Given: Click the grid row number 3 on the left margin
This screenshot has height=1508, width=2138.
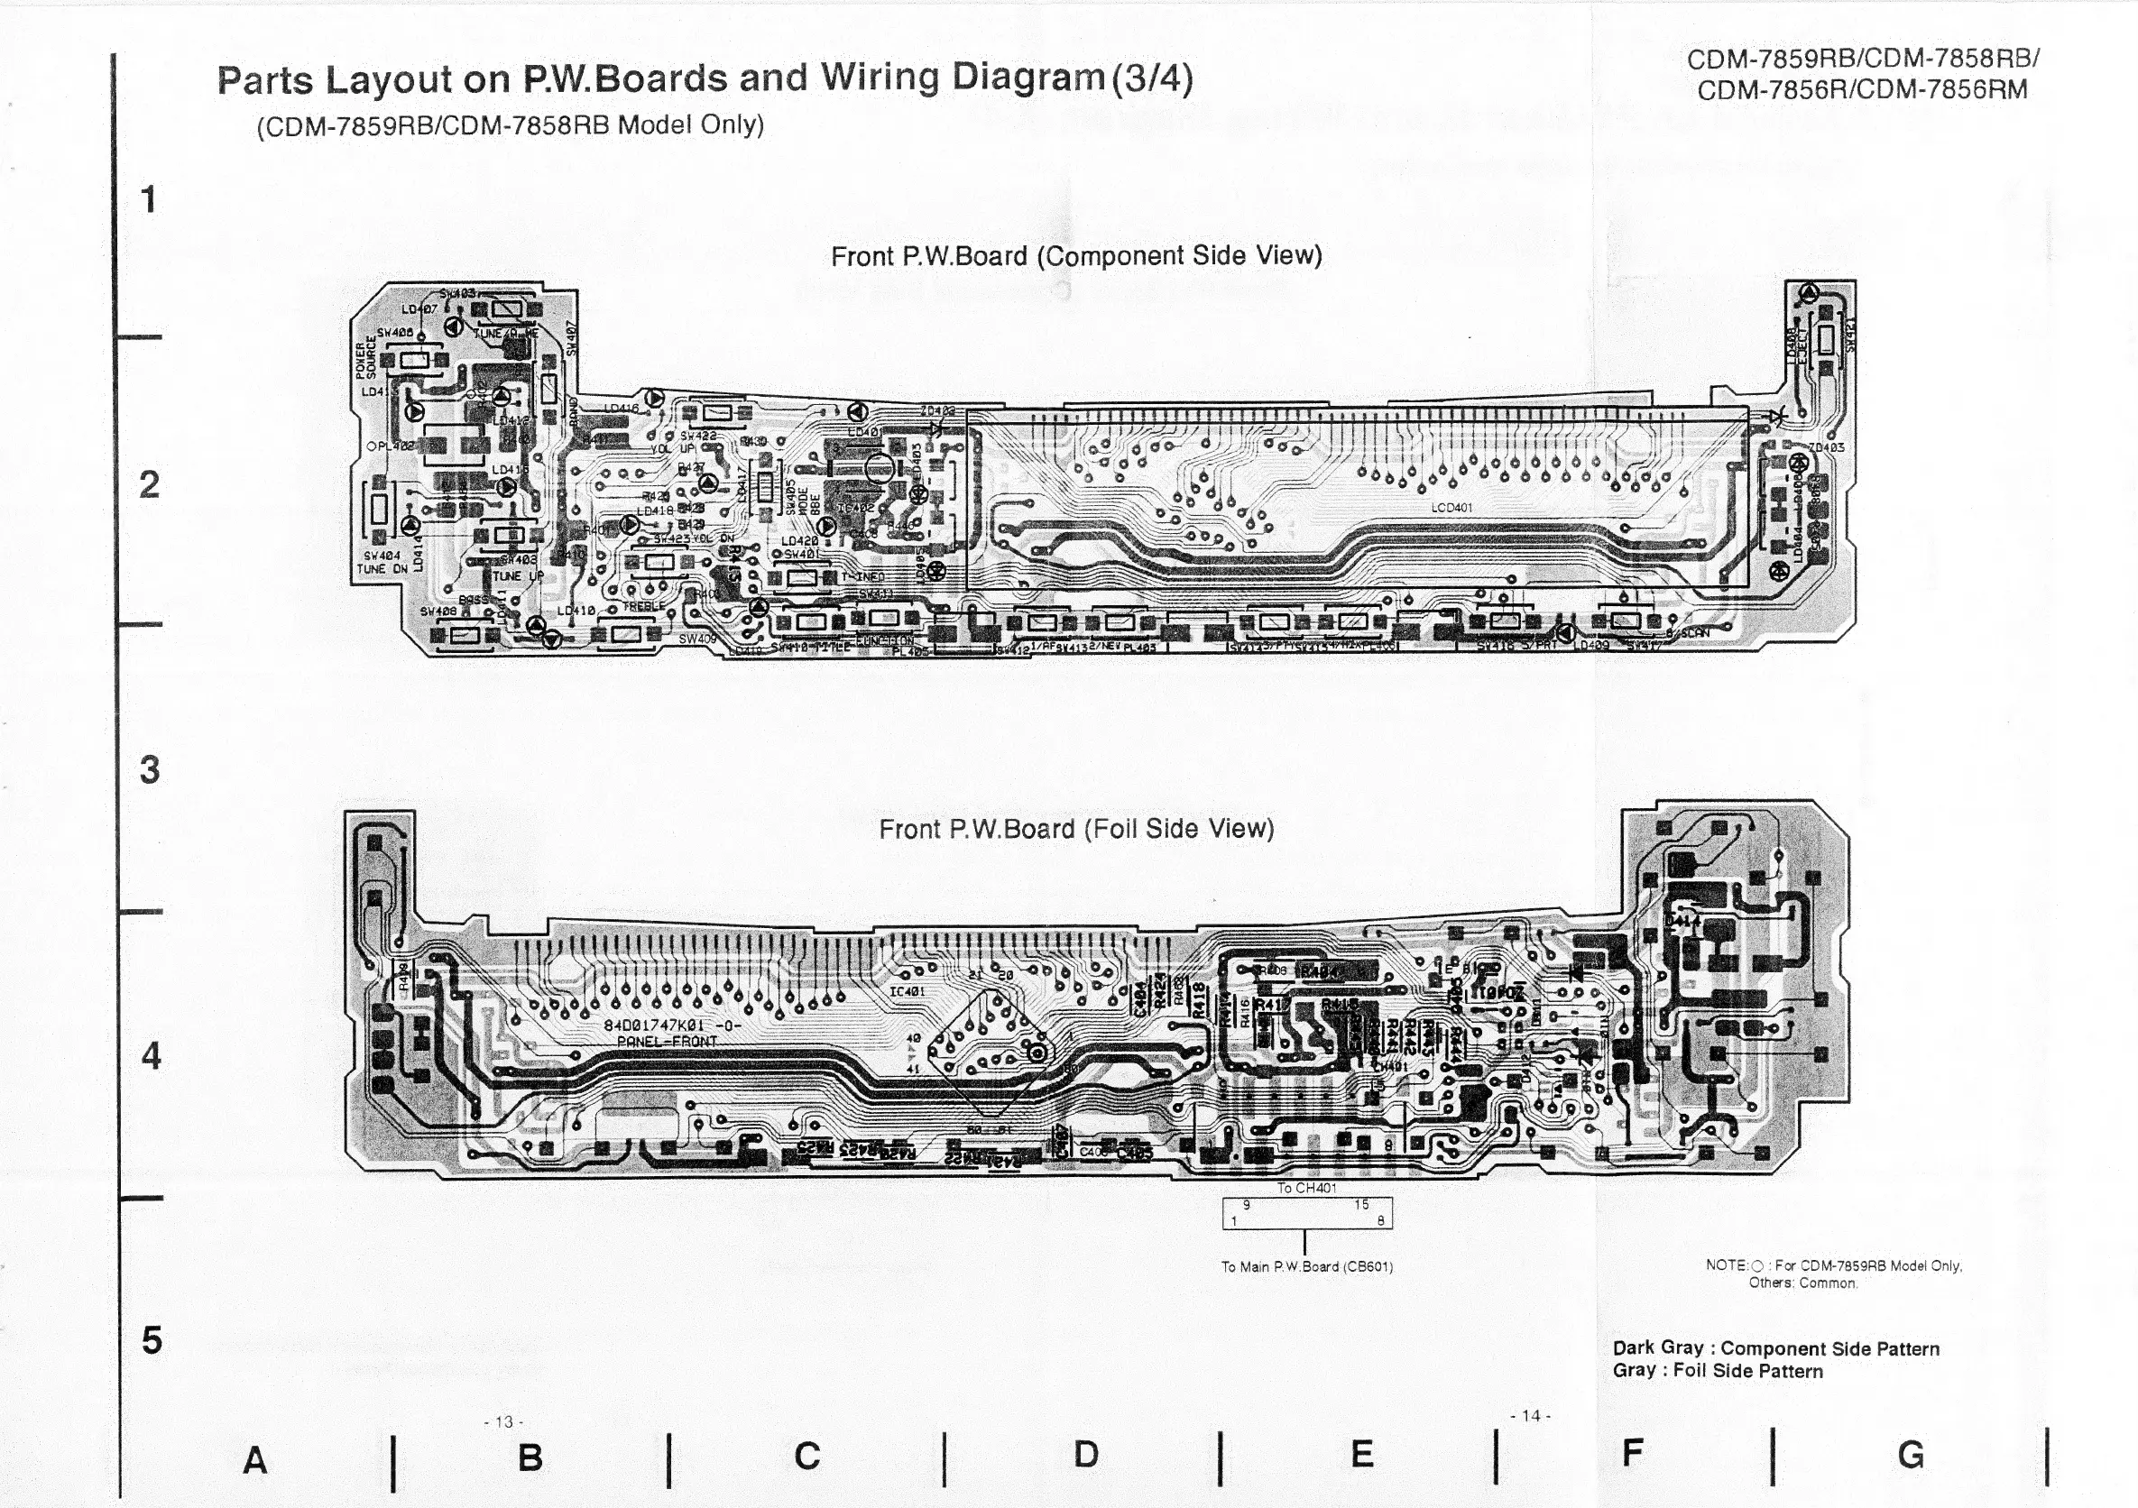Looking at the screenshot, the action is (x=150, y=770).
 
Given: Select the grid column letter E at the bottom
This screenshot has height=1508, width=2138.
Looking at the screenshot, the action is (x=1361, y=1453).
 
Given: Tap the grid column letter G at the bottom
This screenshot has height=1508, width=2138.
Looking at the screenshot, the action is (x=1910, y=1454).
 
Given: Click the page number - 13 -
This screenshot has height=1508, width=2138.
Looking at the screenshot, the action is (x=503, y=1421).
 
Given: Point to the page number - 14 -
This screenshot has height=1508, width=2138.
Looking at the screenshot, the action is (x=1530, y=1416).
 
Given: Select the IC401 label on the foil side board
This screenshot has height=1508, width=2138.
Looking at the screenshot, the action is (x=907, y=991).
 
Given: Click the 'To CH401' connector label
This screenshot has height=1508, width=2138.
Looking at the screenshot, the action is (x=1306, y=1188).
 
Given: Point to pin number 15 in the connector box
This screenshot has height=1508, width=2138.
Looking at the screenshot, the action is (x=1361, y=1205).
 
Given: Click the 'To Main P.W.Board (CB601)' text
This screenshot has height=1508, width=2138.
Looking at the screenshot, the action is (x=1306, y=1266).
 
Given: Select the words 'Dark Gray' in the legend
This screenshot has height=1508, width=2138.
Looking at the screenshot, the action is (x=1657, y=1347).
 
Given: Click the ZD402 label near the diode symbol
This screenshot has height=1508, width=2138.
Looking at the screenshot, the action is (x=937, y=410).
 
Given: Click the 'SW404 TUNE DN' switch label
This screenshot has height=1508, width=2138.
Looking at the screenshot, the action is (x=382, y=562).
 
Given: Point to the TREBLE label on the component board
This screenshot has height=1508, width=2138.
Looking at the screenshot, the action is (x=643, y=606).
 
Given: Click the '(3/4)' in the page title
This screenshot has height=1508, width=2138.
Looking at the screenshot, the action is (x=1152, y=78).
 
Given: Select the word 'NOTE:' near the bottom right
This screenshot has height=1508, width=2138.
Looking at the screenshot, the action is (x=1727, y=1265).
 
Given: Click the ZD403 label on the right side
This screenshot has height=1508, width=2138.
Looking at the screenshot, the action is (x=1826, y=447).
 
